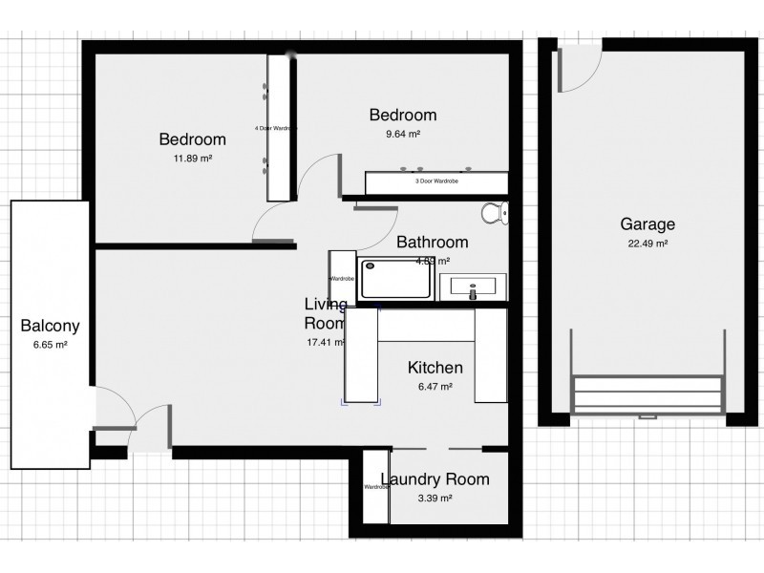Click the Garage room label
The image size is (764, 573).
pyautogui.click(x=647, y=225)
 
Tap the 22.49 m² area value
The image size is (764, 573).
pyautogui.click(x=647, y=244)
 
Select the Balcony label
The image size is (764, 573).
pyautogui.click(x=50, y=326)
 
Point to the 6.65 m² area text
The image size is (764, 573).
pyautogui.click(x=50, y=345)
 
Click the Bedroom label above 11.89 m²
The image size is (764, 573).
pyautogui.click(x=192, y=139)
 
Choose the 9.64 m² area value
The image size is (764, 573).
pyautogui.click(x=402, y=135)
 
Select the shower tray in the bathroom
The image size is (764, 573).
pyautogui.click(x=395, y=280)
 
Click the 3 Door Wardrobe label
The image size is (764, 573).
pyautogui.click(x=436, y=180)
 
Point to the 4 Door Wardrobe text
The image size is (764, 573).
pyautogui.click(x=276, y=127)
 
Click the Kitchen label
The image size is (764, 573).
pyautogui.click(x=435, y=368)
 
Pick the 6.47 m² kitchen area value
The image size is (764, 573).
pyautogui.click(x=435, y=387)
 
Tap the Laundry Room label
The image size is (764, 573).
pyautogui.click(x=435, y=479)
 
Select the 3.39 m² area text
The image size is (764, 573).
pyautogui.click(x=435, y=498)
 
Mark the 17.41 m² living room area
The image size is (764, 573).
pyautogui.click(x=324, y=342)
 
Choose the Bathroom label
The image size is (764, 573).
pyautogui.click(x=433, y=242)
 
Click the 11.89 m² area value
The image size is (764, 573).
pyautogui.click(x=192, y=159)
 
